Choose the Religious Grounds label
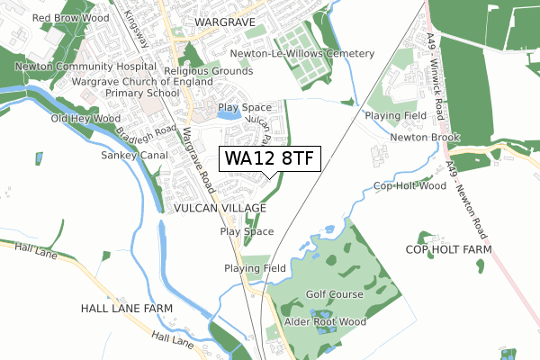209,70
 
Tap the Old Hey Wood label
85,119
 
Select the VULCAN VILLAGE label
216,207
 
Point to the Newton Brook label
425,138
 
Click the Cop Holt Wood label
409,186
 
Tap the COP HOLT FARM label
449,249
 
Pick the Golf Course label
334,294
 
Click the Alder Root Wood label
325,321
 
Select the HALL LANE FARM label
126,308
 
